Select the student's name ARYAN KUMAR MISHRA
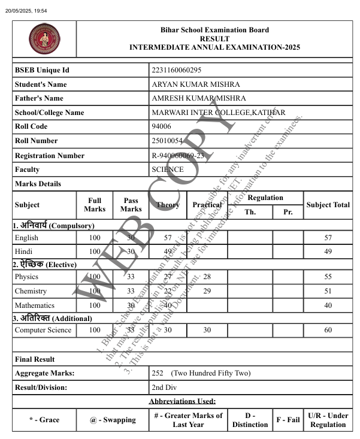tap(196, 84)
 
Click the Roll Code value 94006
tap(162, 126)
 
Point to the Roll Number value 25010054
tap(167, 141)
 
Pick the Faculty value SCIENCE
tap(168, 169)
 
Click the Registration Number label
tap(50, 156)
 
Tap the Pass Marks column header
tap(131, 205)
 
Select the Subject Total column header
tap(328, 205)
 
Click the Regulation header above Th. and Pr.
tap(265, 198)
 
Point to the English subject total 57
tap(328, 238)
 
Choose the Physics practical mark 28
tap(207, 277)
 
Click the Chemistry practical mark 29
tap(207, 291)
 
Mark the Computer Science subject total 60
tap(328, 330)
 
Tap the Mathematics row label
tap(35, 305)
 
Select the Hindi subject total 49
tap(328, 252)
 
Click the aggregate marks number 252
tap(158, 373)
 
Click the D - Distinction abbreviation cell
tap(250, 420)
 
